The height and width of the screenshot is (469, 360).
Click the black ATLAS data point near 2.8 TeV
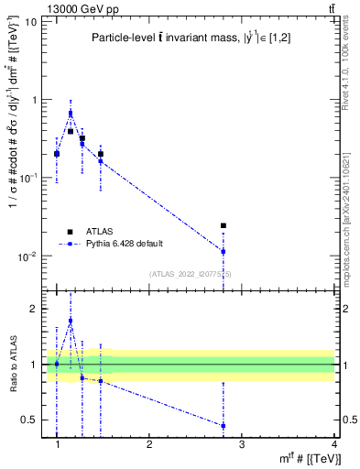tap(223, 225)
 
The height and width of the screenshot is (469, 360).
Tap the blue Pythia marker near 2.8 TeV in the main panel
tap(223, 251)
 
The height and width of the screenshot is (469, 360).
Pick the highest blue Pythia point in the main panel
tap(71, 114)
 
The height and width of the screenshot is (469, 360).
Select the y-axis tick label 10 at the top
tap(30, 21)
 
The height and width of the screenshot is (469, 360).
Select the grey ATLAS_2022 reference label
tap(191, 274)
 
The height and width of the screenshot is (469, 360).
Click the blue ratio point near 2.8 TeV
tap(223, 425)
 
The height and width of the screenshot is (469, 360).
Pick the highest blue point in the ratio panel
tap(71, 321)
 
